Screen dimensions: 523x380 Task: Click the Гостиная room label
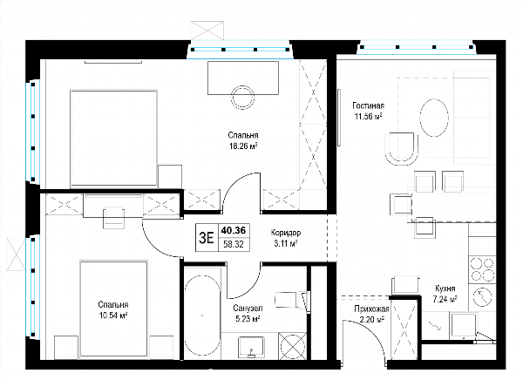coord(368,105)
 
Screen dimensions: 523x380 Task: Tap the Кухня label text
coord(445,288)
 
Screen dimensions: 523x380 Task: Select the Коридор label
coord(286,233)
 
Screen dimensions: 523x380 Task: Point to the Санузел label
coord(248,308)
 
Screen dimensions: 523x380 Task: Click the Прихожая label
coord(371,309)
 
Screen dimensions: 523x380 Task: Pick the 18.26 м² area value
coord(243,146)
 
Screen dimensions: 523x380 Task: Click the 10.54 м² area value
coord(113,316)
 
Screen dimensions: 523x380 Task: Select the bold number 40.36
coord(234,230)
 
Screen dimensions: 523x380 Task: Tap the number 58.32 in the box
coord(234,245)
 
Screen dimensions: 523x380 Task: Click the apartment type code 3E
coord(207,238)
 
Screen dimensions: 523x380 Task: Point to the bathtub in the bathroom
coord(202,316)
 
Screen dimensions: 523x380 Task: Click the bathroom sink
coord(252,347)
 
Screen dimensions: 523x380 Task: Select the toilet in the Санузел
coord(291,300)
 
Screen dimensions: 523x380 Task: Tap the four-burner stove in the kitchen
coord(482,269)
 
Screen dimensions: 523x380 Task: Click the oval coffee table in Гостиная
coord(434,118)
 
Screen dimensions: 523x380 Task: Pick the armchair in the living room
coord(401,148)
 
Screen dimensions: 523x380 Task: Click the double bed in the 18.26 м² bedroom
coord(113,138)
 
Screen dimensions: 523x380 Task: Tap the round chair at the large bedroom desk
coord(243,97)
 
